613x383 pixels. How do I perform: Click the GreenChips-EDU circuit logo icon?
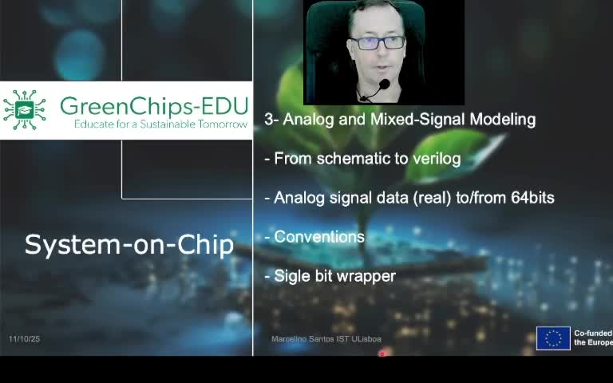pyautogui.click(x=24, y=110)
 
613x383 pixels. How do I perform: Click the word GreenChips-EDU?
pyautogui.click(x=153, y=106)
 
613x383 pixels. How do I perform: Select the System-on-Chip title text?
pyautogui.click(x=129, y=245)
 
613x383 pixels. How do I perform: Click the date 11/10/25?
pyautogui.click(x=24, y=339)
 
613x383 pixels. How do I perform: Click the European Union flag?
pyautogui.click(x=553, y=338)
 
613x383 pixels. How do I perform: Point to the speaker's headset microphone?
pyautogui.click(x=383, y=85)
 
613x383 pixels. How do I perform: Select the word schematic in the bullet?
pyautogui.click(x=350, y=159)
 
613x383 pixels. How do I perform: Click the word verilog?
pyautogui.click(x=437, y=159)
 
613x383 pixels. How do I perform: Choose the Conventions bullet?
pyautogui.click(x=318, y=237)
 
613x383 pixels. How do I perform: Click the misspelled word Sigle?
pyautogui.click(x=291, y=276)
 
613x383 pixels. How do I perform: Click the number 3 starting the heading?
pyautogui.click(x=268, y=120)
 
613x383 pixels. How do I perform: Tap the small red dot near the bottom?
pyautogui.click(x=382, y=353)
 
